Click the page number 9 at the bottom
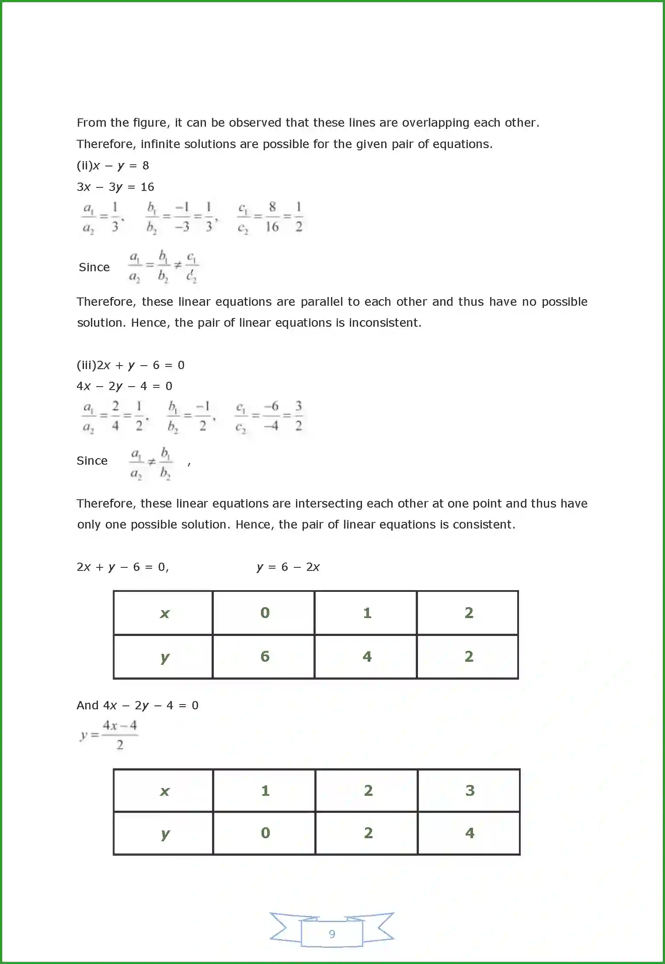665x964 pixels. (332, 933)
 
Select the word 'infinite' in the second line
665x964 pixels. (160, 144)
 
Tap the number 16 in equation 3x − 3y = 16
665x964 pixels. (147, 187)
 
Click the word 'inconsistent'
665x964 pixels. (385, 323)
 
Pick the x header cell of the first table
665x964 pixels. (164, 613)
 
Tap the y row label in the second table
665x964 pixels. (165, 833)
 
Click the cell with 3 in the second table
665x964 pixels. (470, 791)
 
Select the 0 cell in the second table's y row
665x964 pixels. (265, 833)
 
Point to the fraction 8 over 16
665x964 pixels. (272, 217)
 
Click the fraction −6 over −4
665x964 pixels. (272, 416)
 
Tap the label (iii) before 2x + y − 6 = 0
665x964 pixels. (86, 365)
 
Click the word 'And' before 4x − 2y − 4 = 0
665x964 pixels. (87, 705)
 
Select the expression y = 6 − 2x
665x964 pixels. (288, 567)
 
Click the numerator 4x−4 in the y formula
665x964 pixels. (120, 726)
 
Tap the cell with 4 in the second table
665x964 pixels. (470, 833)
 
